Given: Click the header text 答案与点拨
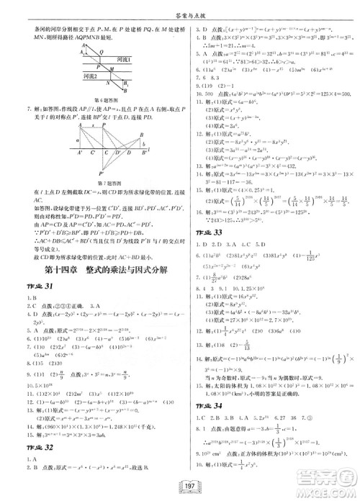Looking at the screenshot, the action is click(x=180, y=7).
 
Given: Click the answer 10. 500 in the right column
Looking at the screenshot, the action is click(x=212, y=94).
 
